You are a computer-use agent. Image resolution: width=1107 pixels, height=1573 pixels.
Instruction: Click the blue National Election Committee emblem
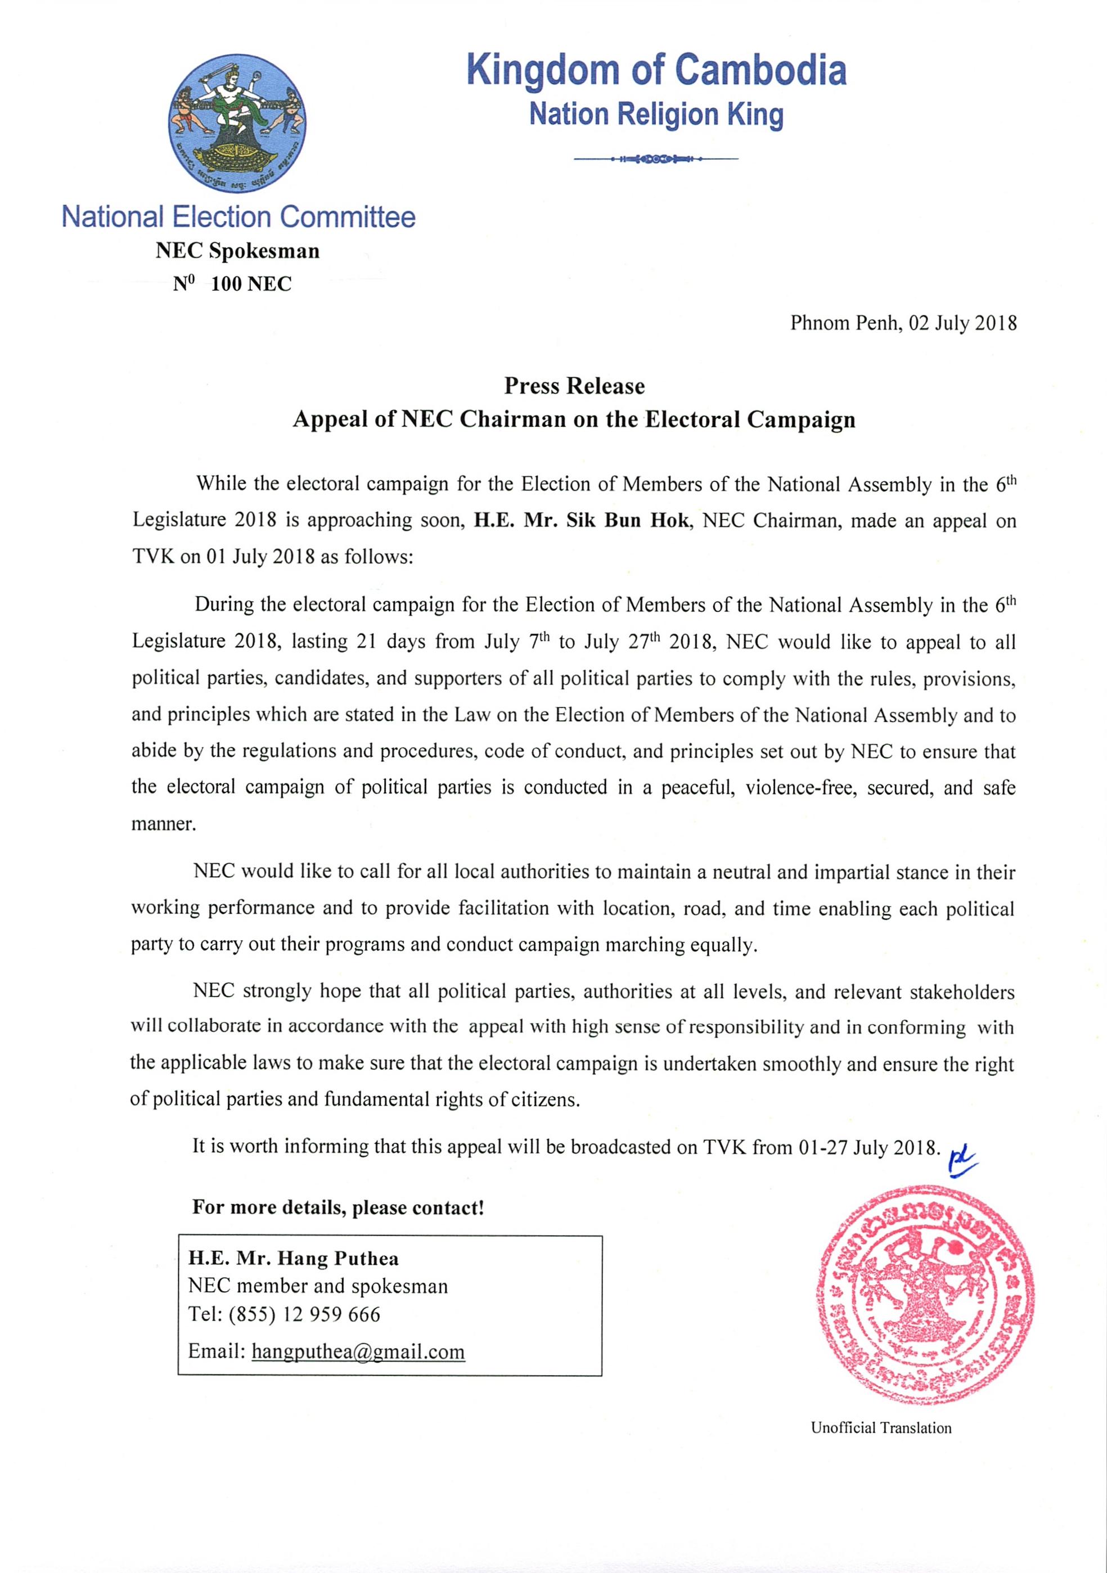click(x=237, y=123)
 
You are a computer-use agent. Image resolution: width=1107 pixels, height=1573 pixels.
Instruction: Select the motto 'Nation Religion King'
click(x=656, y=114)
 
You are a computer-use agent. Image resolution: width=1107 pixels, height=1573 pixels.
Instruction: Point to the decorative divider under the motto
click(x=656, y=160)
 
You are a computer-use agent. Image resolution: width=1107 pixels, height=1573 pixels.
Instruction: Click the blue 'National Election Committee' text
click(x=238, y=217)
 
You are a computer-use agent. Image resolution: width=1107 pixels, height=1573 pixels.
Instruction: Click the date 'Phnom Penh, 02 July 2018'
click(x=903, y=323)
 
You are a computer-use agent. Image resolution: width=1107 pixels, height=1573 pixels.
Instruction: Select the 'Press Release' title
click(x=574, y=386)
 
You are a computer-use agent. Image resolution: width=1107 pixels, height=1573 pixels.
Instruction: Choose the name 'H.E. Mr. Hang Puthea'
click(x=294, y=1259)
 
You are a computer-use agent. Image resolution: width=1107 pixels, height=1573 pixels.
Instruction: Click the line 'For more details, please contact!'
click(x=338, y=1207)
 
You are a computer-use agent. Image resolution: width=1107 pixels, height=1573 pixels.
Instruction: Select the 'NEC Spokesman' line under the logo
click(x=237, y=251)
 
